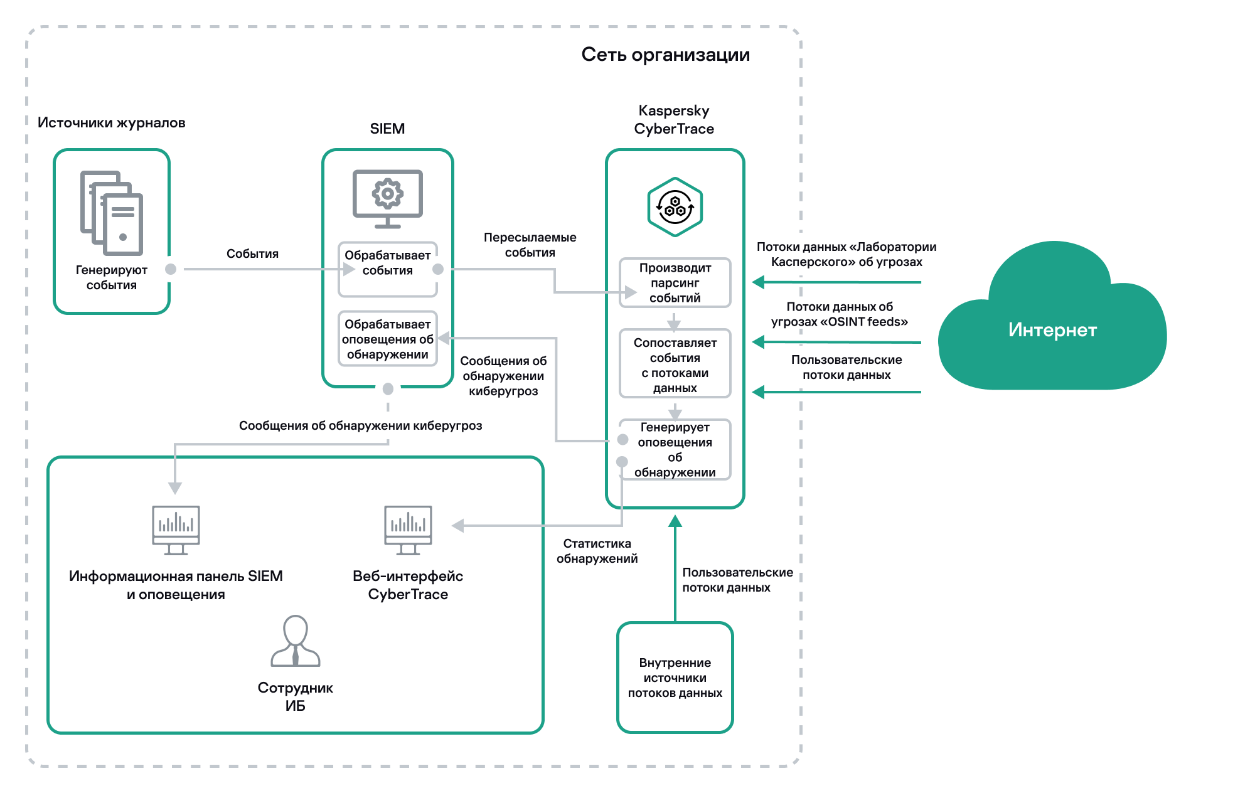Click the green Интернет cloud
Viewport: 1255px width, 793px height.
pyautogui.click(x=1052, y=326)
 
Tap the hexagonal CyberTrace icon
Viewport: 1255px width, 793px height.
pyautogui.click(x=675, y=207)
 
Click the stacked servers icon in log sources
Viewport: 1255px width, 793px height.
pyautogui.click(x=112, y=213)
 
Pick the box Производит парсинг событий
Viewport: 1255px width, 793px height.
pyautogui.click(x=675, y=282)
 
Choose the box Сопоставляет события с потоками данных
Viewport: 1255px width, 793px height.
pyautogui.click(x=675, y=365)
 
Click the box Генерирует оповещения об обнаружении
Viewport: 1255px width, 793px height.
pyautogui.click(x=675, y=449)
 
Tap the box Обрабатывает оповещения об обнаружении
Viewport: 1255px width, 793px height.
pyautogui.click(x=387, y=339)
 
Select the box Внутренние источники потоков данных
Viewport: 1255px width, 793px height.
pyautogui.click(x=675, y=678)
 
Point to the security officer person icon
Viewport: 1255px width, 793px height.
pyautogui.click(x=295, y=641)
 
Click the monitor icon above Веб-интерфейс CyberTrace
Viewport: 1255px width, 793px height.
pyautogui.click(x=408, y=530)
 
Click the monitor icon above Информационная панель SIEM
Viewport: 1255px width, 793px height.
pyautogui.click(x=176, y=530)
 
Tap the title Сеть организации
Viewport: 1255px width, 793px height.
pyautogui.click(x=665, y=55)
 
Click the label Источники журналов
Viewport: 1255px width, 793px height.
pyautogui.click(x=111, y=122)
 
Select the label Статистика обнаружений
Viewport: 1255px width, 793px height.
pyautogui.click(x=597, y=551)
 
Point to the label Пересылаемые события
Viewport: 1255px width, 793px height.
pyautogui.click(x=530, y=245)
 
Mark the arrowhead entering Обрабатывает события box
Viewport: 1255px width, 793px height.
pyautogui.click(x=349, y=269)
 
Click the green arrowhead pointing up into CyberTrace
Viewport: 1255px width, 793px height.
pyautogui.click(x=675, y=521)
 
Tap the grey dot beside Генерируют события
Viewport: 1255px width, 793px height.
pyautogui.click(x=171, y=269)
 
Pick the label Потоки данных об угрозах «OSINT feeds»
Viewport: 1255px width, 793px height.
pyautogui.click(x=839, y=314)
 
